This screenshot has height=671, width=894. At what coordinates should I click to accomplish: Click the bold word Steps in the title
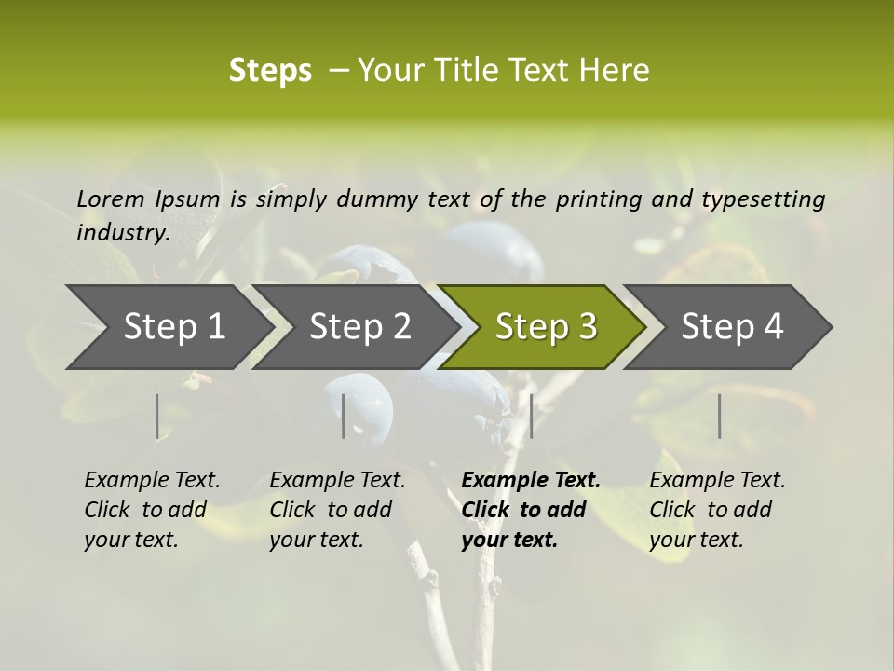[x=270, y=71]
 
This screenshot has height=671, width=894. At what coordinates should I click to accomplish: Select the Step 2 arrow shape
[x=359, y=326]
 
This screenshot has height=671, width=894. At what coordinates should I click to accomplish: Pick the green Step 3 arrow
[x=546, y=326]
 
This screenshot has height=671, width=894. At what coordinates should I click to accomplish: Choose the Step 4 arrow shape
[x=732, y=326]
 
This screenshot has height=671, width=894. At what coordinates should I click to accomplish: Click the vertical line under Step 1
[x=156, y=416]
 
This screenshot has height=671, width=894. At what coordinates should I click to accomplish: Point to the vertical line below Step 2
[x=344, y=416]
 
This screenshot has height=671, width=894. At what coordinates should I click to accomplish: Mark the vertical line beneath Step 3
[x=531, y=416]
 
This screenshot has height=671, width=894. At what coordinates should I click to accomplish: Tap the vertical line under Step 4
[x=719, y=416]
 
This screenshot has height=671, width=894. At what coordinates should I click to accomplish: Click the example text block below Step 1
[x=152, y=510]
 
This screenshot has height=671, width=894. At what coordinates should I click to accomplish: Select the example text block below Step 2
[x=337, y=510]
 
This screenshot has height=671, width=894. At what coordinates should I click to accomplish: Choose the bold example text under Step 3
[x=531, y=510]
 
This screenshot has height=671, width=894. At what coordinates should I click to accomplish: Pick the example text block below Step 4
[x=717, y=510]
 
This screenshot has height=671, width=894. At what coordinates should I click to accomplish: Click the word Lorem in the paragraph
[x=111, y=199]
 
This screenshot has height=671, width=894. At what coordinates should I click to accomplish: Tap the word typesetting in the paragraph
[x=763, y=199]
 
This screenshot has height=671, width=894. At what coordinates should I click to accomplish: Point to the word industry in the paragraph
[x=123, y=232]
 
